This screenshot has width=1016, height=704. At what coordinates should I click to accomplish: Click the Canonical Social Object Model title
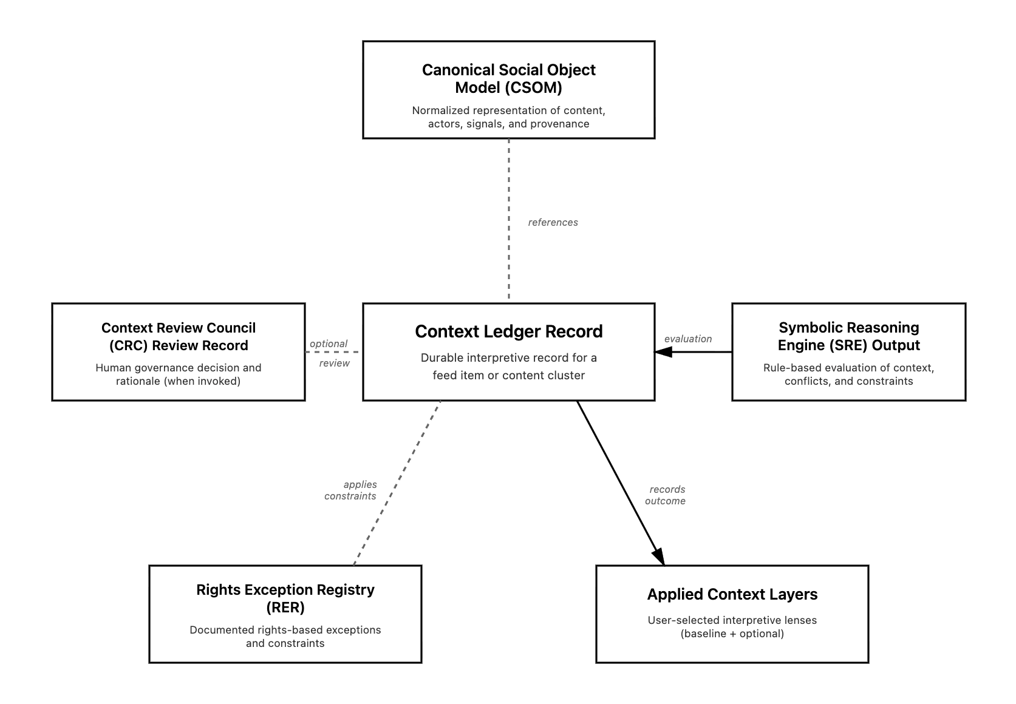[508, 78]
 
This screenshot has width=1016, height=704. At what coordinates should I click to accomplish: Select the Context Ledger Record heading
[508, 331]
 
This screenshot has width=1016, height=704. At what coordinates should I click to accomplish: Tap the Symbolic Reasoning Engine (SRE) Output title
[848, 336]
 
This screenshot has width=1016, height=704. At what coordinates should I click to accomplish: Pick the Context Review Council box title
[179, 336]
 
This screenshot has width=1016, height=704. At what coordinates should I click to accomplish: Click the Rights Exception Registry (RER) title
[285, 598]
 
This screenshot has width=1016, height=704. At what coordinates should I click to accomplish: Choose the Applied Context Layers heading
[732, 594]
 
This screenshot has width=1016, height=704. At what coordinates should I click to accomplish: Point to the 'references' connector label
[553, 222]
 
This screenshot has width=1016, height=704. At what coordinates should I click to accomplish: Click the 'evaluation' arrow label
[687, 339]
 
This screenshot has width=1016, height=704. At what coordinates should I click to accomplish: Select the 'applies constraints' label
[350, 490]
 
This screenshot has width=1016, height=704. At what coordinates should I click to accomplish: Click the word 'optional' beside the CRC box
[328, 344]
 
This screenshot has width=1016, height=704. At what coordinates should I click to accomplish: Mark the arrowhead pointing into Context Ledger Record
[663, 352]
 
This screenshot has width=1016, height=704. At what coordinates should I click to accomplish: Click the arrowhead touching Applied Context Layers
[659, 555]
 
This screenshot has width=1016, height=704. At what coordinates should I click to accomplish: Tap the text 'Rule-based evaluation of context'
[848, 368]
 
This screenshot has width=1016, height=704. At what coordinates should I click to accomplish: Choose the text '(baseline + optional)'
[732, 634]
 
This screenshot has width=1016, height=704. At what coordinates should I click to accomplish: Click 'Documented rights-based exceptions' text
[285, 630]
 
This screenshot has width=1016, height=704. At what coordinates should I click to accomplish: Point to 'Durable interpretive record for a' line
[508, 357]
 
